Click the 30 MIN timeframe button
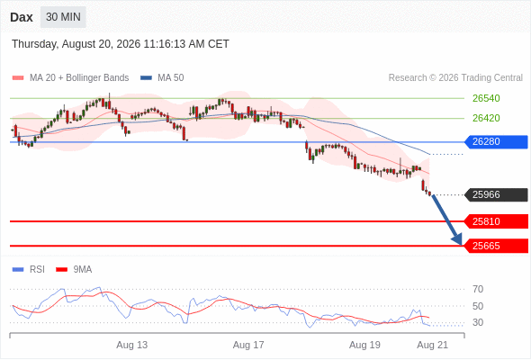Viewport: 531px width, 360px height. pos(63,17)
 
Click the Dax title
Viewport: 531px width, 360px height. pos(22,17)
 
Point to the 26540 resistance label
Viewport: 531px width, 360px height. pos(486,98)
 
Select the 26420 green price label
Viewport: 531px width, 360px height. pos(486,118)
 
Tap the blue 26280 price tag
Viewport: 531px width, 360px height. pos(496,141)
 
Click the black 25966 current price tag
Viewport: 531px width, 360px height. pos(496,194)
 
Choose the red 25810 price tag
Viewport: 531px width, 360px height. pos(496,221)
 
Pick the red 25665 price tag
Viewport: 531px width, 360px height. pos(496,246)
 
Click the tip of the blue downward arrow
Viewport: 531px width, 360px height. pos(461,245)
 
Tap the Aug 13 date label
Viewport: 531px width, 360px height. pos(131,345)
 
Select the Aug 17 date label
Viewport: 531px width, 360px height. pos(248,345)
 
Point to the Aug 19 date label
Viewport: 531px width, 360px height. pos(364,345)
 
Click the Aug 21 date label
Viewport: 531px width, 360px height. pos(433,345)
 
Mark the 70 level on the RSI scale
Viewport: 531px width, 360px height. pos(478,289)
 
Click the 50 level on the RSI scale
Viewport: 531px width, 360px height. pos(478,306)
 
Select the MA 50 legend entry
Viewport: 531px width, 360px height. pos(162,78)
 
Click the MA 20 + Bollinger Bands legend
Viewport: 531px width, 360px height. pos(70,78)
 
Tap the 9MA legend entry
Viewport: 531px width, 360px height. pos(74,270)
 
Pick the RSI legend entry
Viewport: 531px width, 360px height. pos(29,270)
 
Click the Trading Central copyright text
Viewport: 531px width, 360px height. pos(455,78)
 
